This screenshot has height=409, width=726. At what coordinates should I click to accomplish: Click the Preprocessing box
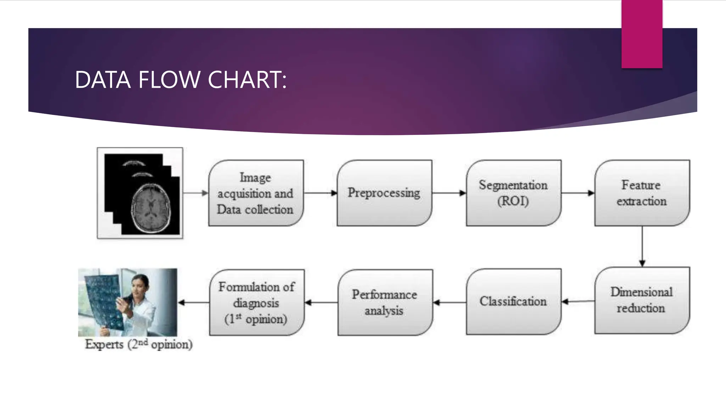tap(384, 193)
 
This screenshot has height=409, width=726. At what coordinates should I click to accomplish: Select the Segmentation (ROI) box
tap(513, 193)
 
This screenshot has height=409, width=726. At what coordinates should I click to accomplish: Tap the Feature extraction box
tap(642, 193)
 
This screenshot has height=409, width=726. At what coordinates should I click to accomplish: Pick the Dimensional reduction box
tap(642, 300)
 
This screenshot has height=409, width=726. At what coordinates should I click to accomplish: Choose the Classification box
tap(513, 301)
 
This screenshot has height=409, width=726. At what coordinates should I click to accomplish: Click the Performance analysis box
tap(385, 302)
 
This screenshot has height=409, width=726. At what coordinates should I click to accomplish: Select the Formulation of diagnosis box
tap(256, 302)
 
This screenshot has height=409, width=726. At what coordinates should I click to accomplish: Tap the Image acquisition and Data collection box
tap(256, 193)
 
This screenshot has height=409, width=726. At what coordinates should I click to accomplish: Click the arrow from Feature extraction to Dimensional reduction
tap(642, 246)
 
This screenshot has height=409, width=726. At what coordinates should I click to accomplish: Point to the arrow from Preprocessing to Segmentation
tap(449, 193)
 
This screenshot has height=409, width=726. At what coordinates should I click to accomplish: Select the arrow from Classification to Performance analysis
tap(449, 302)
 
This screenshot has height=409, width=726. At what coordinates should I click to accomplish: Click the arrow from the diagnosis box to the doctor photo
tap(193, 302)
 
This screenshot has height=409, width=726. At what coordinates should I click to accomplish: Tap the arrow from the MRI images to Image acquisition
tap(195, 193)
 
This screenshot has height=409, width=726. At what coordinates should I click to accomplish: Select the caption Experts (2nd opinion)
tap(139, 344)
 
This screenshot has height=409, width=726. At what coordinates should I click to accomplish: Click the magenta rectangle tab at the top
tap(642, 34)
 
